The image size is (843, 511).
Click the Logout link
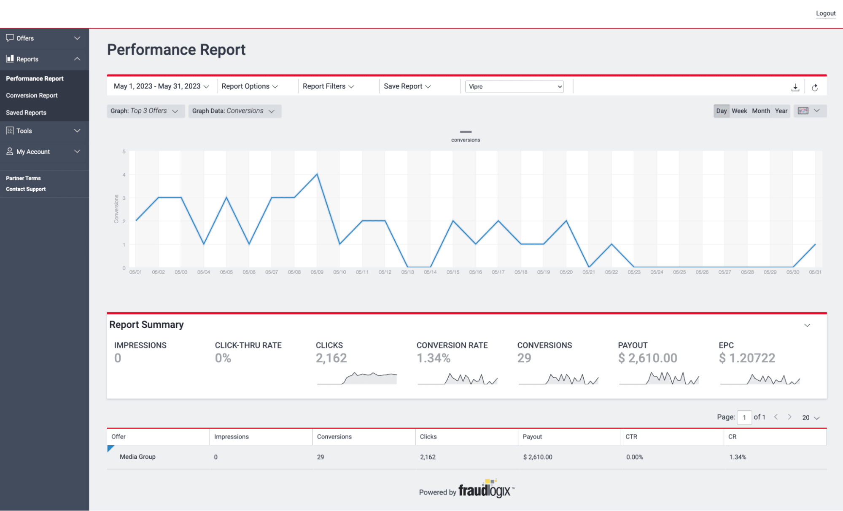click(825, 13)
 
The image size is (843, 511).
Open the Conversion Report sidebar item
click(32, 96)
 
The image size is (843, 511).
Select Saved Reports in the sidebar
click(26, 113)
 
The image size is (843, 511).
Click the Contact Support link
click(26, 189)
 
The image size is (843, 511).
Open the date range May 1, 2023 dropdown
click(161, 86)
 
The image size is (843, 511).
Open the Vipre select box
click(514, 87)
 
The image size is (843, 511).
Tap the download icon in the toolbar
click(795, 88)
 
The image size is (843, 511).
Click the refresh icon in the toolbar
click(815, 88)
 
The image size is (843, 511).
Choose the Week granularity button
click(739, 111)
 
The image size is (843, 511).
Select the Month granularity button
click(761, 111)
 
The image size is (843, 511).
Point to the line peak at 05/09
click(317, 174)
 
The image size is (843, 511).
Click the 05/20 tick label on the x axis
click(566, 273)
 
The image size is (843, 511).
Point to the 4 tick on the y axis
click(124, 175)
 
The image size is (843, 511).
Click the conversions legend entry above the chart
click(466, 137)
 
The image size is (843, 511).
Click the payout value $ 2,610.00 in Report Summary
click(647, 358)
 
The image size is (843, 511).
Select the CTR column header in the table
click(631, 437)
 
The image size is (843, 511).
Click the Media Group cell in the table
click(137, 457)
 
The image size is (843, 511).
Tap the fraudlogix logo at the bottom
click(485, 490)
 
